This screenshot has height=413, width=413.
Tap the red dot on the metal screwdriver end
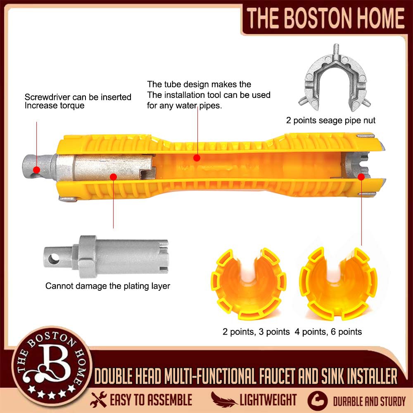coord(37,169)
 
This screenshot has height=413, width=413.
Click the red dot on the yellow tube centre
coord(197,157)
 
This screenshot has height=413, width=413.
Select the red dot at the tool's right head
coord(361,176)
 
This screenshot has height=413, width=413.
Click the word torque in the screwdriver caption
coord(72,106)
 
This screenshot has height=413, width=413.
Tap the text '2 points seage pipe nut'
coord(331,121)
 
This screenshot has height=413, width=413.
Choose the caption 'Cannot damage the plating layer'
coord(108,286)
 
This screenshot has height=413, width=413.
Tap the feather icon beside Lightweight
coord(223,399)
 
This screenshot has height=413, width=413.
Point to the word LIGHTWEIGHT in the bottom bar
coord(268,400)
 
